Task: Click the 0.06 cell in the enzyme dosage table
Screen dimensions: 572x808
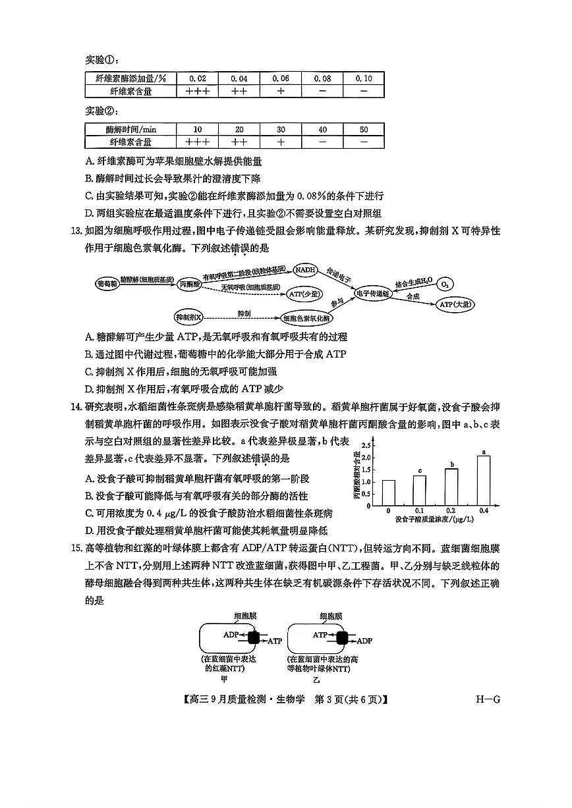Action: tap(281, 78)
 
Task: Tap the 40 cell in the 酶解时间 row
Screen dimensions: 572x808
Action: tap(322, 130)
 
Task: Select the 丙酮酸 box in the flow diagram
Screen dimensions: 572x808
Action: tap(189, 284)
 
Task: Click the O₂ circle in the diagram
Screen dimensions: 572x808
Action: tap(445, 284)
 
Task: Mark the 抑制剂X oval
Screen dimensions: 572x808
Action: tap(190, 317)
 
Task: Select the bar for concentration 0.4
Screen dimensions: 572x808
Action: tap(484, 480)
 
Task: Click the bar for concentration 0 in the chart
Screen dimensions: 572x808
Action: tap(388, 493)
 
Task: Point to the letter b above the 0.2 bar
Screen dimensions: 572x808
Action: tap(452, 465)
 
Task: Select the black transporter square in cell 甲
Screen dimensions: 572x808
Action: tap(255, 637)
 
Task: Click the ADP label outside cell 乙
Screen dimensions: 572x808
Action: tap(364, 640)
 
